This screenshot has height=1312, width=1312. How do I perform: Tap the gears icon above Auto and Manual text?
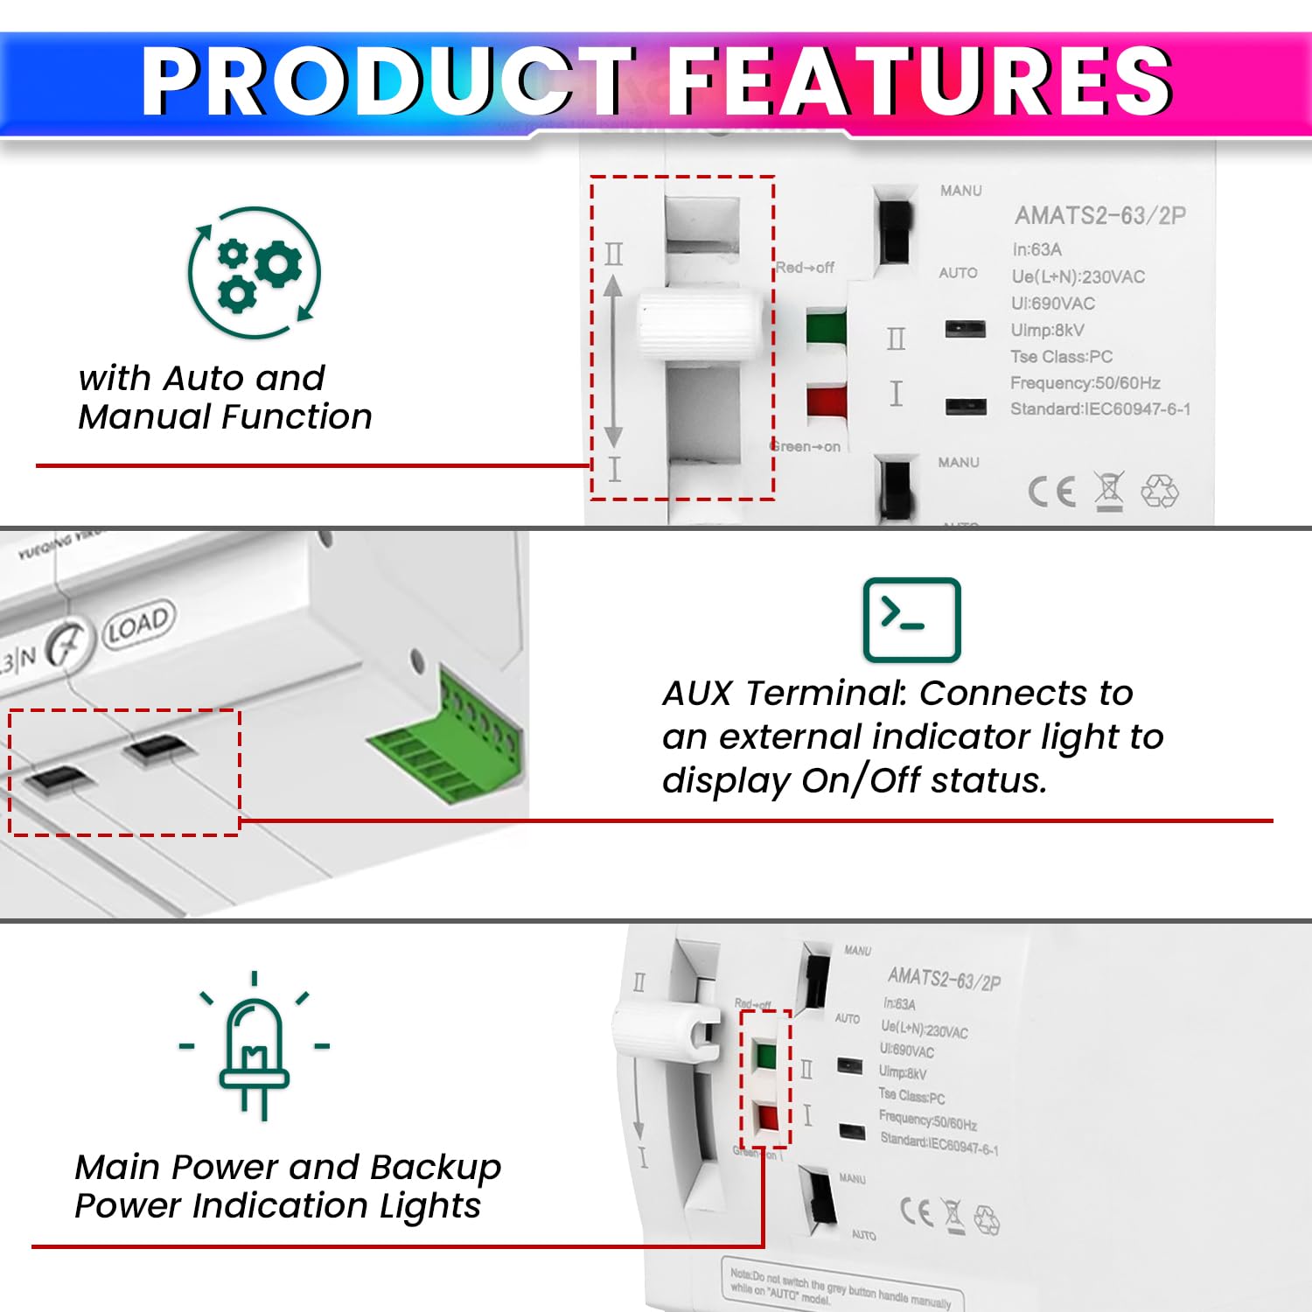point(255,273)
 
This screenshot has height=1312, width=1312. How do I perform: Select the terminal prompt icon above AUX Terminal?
point(911,619)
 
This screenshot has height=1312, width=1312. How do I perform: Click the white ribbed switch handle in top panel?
point(700,323)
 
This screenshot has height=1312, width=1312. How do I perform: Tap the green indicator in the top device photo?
point(826,329)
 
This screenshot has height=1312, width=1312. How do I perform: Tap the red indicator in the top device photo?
point(827,401)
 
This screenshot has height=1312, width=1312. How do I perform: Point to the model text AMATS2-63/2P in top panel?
point(1099,215)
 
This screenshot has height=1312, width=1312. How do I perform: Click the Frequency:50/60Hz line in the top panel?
point(1085,383)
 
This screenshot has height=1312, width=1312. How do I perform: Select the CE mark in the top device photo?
point(1050,492)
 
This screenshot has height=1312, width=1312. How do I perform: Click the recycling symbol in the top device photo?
point(1160,492)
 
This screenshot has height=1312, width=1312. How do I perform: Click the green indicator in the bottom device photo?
point(765,1056)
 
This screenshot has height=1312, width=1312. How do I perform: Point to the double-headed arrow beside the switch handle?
point(613,360)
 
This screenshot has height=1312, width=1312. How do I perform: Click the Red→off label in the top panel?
point(805,268)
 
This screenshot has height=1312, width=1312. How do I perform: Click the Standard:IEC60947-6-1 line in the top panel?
point(1099,409)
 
